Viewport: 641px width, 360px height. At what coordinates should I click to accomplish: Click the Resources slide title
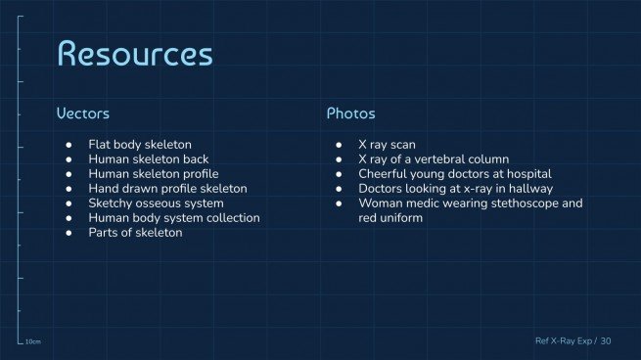tap(134, 54)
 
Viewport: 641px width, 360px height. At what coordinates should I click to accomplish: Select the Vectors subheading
tap(82, 114)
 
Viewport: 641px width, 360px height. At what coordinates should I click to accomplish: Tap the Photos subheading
tap(350, 114)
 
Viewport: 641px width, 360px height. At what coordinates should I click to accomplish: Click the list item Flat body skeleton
tap(140, 144)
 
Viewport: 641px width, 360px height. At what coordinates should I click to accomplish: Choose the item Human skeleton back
tap(148, 158)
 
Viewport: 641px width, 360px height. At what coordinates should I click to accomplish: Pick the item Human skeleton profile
tap(153, 173)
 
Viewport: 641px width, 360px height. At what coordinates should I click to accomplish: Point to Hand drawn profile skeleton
tap(167, 188)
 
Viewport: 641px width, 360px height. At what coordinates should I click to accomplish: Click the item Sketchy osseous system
tap(157, 202)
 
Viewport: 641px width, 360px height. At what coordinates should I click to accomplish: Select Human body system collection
tap(174, 217)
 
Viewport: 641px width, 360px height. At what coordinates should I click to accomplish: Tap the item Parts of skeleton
tap(135, 232)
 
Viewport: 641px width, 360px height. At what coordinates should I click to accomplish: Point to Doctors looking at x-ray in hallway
tap(456, 188)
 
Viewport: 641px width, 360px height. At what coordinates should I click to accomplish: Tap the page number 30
tap(606, 341)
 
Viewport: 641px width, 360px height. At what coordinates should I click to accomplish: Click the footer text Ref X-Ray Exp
tap(564, 341)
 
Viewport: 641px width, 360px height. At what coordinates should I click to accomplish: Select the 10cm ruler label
tap(32, 342)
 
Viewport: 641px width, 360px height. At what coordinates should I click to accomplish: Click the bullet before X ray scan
tap(339, 144)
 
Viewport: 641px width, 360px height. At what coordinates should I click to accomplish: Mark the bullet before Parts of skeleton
tap(69, 232)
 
